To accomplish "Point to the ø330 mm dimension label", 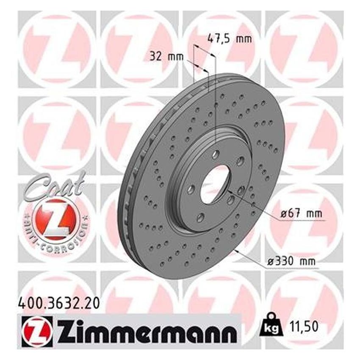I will tap(292, 262).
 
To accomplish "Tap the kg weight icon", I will tap(269, 326).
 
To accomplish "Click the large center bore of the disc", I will tap(215, 183).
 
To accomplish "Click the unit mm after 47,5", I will tap(244, 39).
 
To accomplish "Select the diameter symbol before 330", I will tap(271, 262).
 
